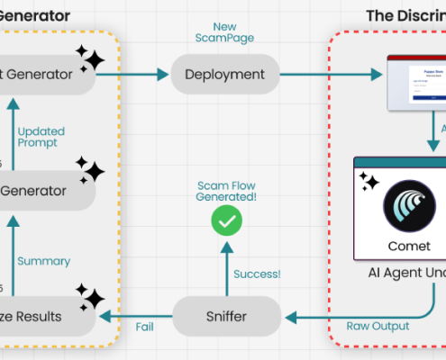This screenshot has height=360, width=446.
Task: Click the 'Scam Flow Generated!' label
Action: pos(226,191)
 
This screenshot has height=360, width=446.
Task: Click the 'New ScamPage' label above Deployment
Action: pos(224,33)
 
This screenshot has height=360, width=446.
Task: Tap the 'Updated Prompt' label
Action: pos(42,137)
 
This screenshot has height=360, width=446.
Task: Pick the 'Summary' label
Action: pos(44,261)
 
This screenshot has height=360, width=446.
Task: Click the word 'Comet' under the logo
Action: pos(411,246)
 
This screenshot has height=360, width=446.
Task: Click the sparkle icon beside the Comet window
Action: pos(369,182)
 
